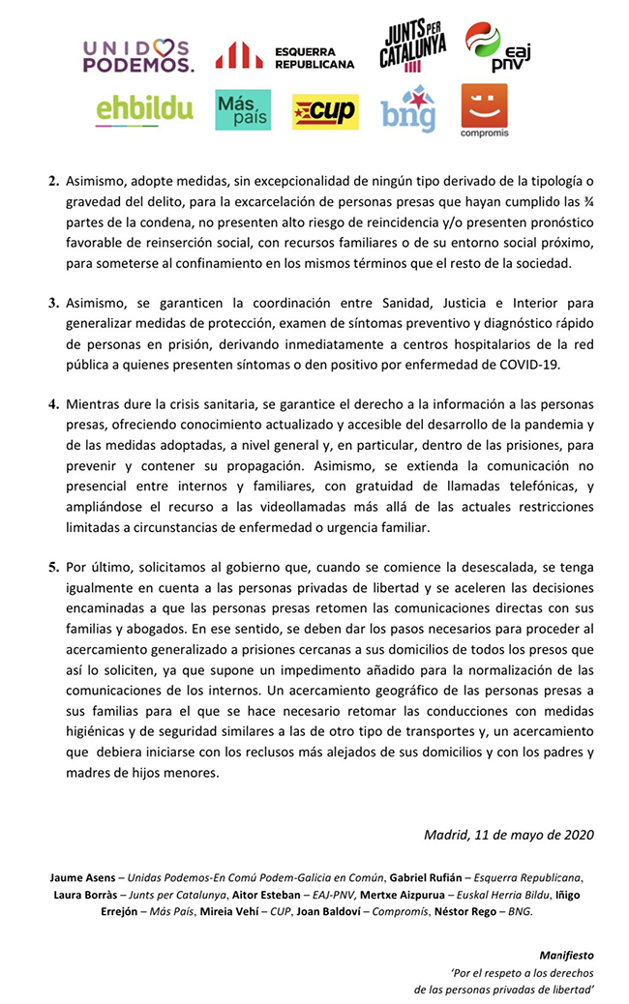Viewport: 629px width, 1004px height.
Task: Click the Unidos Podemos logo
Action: coord(138,56)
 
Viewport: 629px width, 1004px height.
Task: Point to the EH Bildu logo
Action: coord(145,110)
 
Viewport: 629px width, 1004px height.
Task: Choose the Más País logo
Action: coord(243,110)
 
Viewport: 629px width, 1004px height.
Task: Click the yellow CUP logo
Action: coord(325,111)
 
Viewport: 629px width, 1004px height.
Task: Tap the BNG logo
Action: coord(407,109)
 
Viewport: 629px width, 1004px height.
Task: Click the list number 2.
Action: coord(54,181)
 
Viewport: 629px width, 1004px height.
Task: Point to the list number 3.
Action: coord(54,303)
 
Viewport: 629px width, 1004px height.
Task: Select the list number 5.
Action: coord(54,566)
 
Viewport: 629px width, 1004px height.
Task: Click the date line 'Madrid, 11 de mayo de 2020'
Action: coord(508,834)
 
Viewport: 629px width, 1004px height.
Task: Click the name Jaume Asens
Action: coord(80,877)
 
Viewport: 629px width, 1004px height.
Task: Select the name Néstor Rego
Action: coord(469,911)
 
